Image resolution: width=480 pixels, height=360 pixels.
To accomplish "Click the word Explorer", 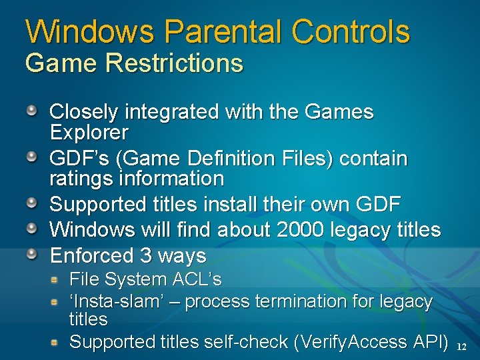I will point(89,133).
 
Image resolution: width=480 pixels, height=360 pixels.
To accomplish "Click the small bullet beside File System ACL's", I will point(57,278).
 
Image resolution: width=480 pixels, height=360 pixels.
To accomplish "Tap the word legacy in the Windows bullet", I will point(365,230).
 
